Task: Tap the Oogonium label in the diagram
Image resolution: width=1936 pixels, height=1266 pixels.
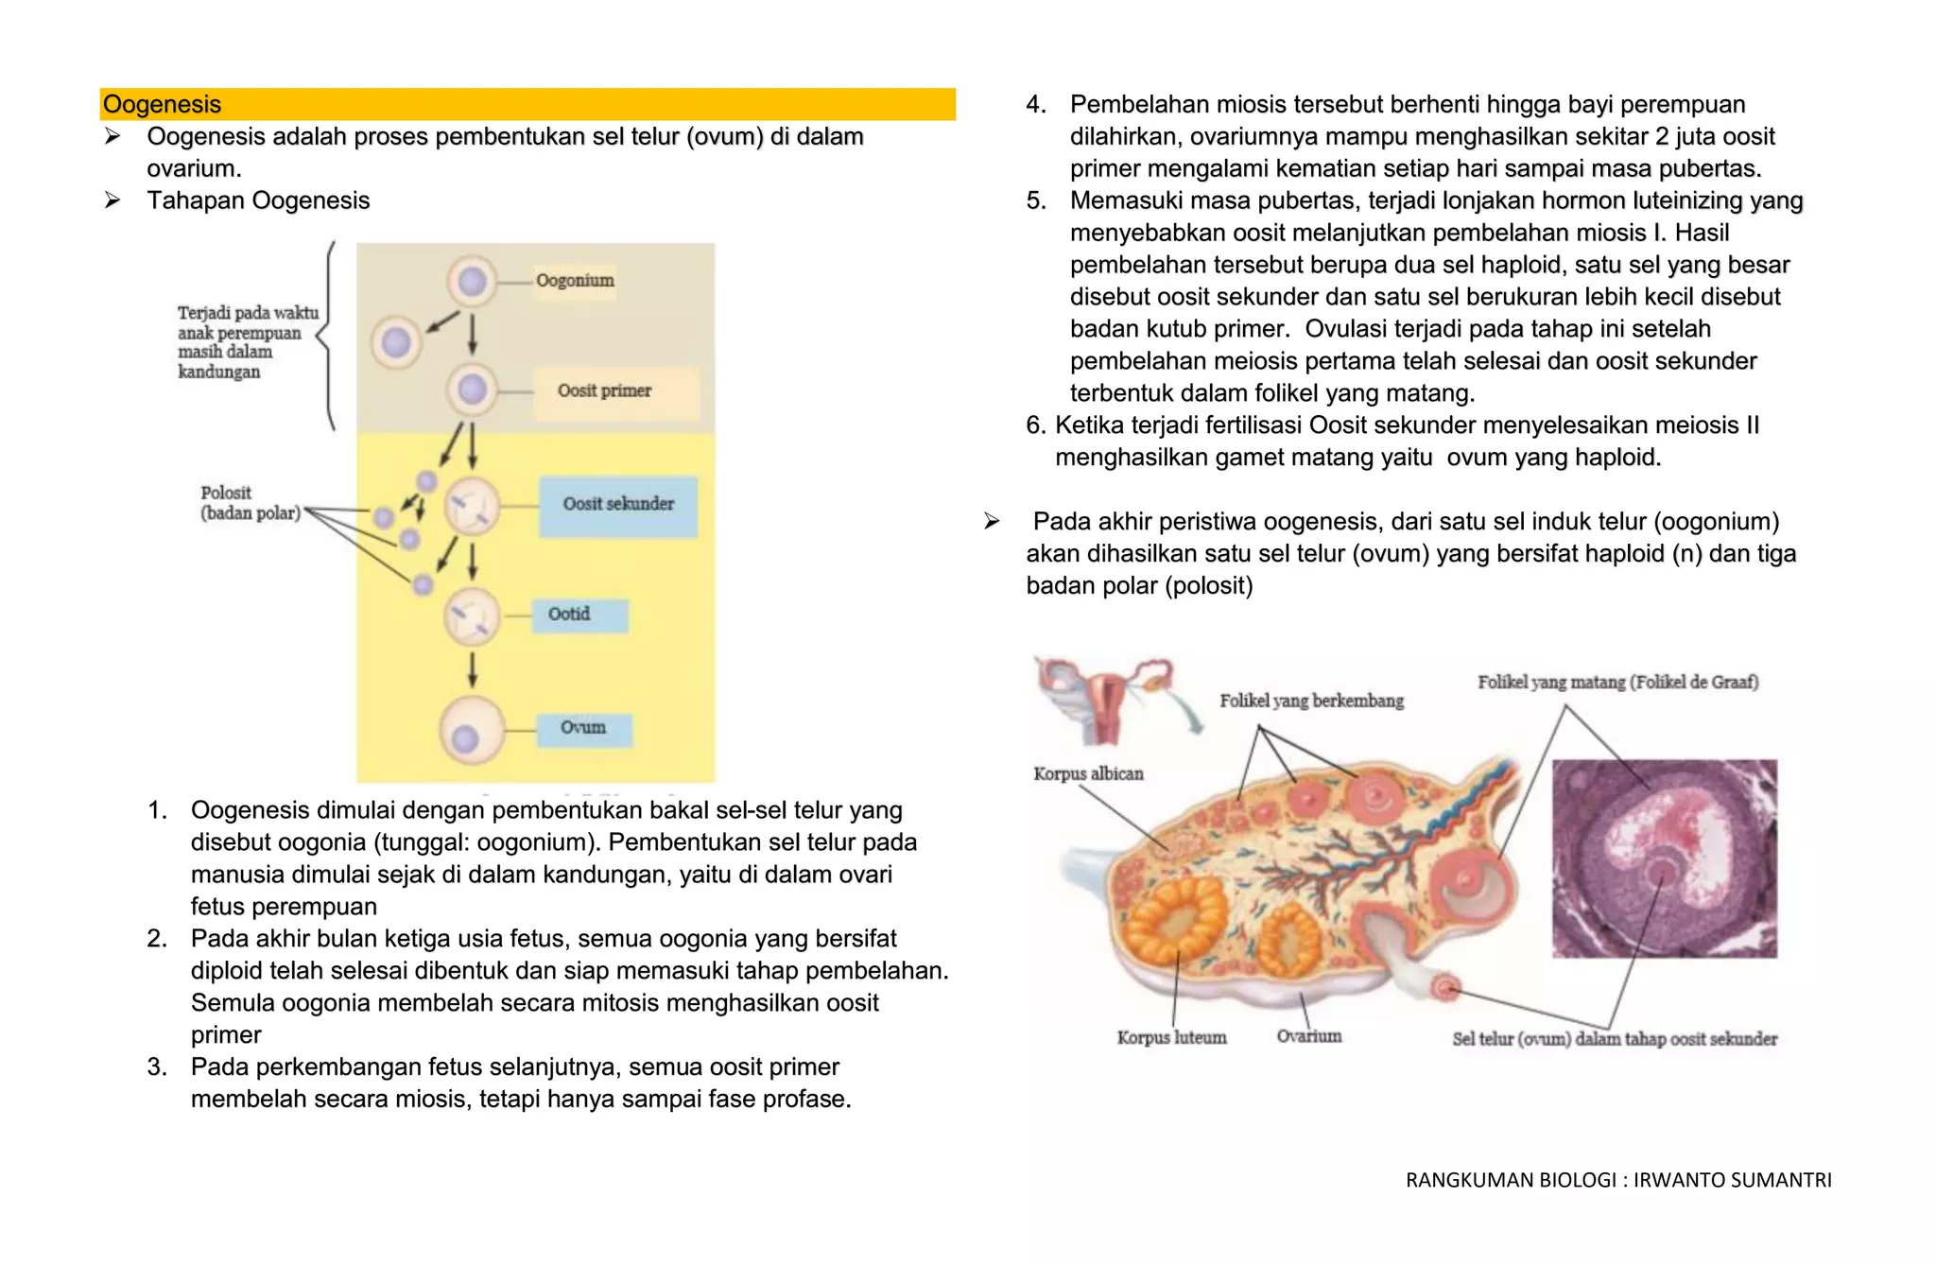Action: [575, 281]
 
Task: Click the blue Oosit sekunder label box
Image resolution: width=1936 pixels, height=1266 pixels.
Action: [618, 505]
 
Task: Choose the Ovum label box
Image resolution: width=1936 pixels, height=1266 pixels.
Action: [583, 728]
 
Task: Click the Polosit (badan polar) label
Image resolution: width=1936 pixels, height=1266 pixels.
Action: [250, 503]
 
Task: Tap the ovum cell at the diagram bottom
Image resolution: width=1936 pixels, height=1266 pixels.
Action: [471, 730]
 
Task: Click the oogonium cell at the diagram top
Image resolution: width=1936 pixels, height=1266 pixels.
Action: [472, 281]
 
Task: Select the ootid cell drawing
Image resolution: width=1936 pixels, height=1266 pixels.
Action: [472, 616]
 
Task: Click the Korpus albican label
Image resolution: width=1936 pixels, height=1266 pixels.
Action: [1088, 774]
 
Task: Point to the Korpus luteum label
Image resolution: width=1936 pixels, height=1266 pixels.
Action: [1171, 1038]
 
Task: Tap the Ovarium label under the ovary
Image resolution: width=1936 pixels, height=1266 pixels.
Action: [1309, 1036]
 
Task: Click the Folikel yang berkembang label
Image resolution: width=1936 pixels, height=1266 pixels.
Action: [1311, 701]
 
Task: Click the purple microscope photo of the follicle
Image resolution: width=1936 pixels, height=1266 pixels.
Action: [1664, 858]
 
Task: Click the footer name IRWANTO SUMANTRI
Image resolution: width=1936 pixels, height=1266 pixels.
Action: [1732, 1180]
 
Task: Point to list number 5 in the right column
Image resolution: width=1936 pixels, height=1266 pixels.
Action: [1036, 200]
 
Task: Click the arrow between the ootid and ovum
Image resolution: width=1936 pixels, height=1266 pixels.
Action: [473, 669]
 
